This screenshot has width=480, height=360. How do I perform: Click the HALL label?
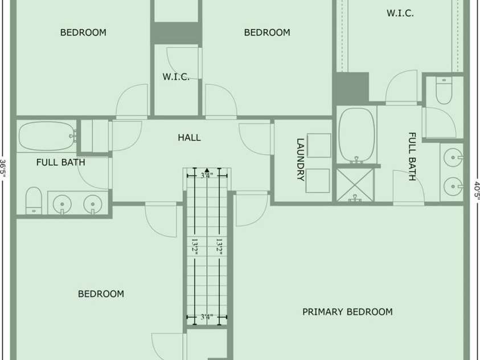[x=189, y=137]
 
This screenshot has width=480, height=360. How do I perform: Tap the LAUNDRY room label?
[x=301, y=159]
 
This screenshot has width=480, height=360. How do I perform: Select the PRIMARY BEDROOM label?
[x=347, y=312]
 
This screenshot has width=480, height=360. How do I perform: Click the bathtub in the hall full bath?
[x=47, y=136]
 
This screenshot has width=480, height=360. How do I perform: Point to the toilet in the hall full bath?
[x=34, y=201]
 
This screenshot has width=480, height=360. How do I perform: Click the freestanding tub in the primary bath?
[x=356, y=135]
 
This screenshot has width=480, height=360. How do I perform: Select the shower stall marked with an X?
[x=355, y=185]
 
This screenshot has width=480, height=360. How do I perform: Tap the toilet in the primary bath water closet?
[x=444, y=91]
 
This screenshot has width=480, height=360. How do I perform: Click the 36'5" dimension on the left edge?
[x=3, y=168]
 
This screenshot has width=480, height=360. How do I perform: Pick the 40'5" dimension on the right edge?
[x=477, y=190]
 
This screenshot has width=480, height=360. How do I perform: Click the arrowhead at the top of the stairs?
[x=207, y=170]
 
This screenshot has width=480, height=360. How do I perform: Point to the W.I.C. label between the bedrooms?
[x=176, y=76]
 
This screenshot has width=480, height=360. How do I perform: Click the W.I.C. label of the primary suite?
[x=400, y=13]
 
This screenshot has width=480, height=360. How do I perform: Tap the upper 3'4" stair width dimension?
[x=207, y=175]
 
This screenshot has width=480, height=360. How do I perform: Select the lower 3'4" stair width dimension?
[x=207, y=317]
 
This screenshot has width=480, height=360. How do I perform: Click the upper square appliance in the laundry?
[x=319, y=145]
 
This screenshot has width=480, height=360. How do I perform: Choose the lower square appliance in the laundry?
[x=318, y=181]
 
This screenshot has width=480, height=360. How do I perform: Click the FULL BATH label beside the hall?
[x=60, y=162]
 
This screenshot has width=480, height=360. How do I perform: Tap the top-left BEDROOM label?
[x=83, y=32]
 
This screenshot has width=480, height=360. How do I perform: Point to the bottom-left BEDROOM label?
[x=101, y=294]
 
